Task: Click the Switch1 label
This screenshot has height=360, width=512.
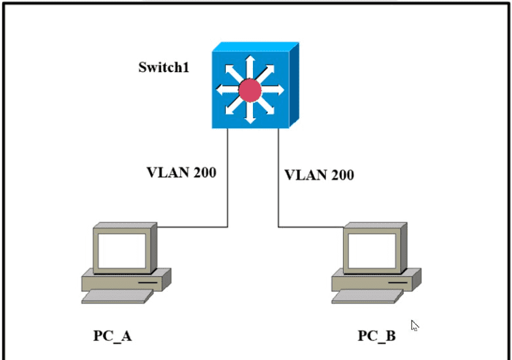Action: coord(164,67)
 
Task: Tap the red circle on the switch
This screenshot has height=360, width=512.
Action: coord(250,89)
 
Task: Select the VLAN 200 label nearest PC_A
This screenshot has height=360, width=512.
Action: coord(181,172)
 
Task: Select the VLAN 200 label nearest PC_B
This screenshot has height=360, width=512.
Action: coord(319,175)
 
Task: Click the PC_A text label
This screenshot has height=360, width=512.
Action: coord(112,335)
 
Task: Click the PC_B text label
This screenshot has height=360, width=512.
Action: coord(376,335)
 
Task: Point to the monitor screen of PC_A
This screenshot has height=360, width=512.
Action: coord(121,248)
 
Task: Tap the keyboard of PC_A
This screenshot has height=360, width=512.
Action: coord(117,296)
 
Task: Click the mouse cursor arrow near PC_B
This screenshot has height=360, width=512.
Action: coord(414,325)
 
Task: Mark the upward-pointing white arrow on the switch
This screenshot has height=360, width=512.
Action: coord(250,66)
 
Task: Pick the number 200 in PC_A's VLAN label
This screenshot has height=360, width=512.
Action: coord(203,172)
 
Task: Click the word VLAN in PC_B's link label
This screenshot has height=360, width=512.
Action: coord(305,175)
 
